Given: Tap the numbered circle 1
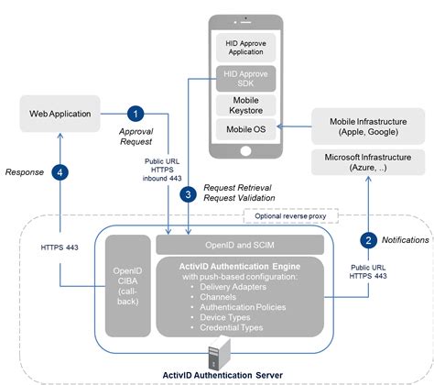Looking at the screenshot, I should click(x=136, y=114).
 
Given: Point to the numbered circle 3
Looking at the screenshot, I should click(x=187, y=193).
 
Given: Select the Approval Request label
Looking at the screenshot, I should click(x=136, y=137).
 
